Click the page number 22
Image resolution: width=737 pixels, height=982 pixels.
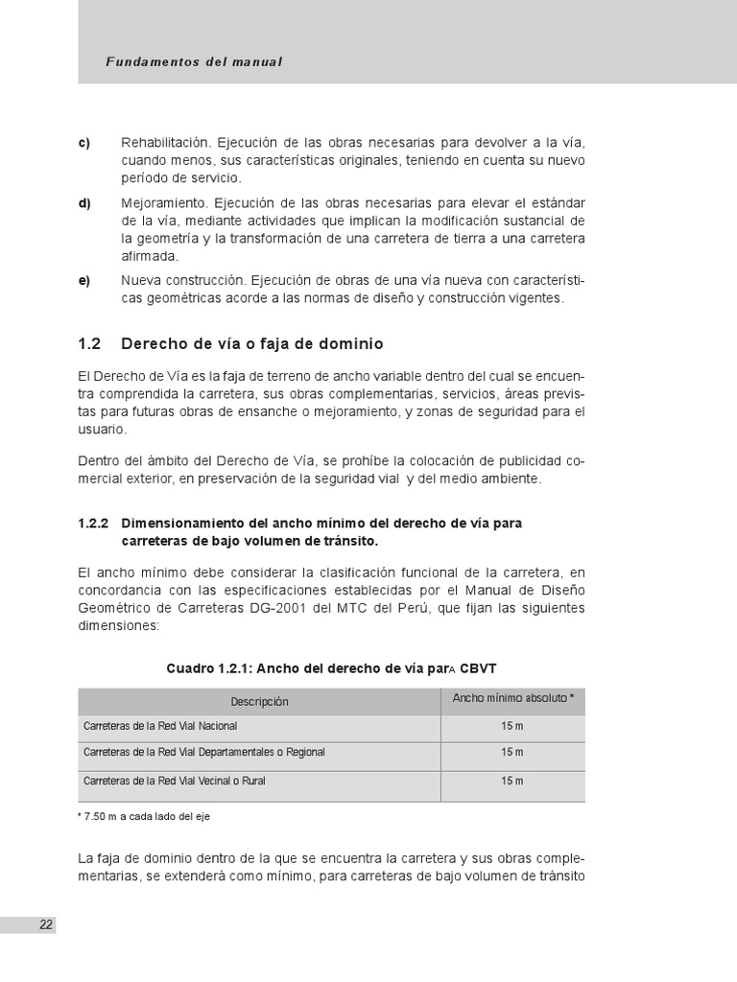click(x=46, y=924)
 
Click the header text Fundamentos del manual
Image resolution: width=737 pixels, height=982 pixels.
click(x=195, y=61)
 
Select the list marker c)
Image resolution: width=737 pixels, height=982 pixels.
click(x=83, y=143)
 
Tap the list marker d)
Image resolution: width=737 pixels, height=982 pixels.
click(x=83, y=203)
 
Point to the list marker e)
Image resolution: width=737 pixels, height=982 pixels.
click(x=83, y=281)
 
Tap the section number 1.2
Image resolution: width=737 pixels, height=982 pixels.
click(x=88, y=342)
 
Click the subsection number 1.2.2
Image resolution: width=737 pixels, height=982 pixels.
click(x=93, y=523)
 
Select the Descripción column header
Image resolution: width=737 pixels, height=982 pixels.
click(x=259, y=702)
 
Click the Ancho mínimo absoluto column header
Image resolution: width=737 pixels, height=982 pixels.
click(x=512, y=698)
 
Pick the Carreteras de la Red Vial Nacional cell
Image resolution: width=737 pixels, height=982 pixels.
click(x=160, y=726)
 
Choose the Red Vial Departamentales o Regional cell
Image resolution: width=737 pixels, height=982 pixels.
click(x=204, y=753)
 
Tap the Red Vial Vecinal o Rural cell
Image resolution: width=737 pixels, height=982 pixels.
click(x=175, y=782)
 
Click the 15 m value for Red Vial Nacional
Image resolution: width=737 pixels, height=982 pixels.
click(x=512, y=726)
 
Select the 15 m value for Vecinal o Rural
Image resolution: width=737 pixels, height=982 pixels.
click(x=512, y=782)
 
